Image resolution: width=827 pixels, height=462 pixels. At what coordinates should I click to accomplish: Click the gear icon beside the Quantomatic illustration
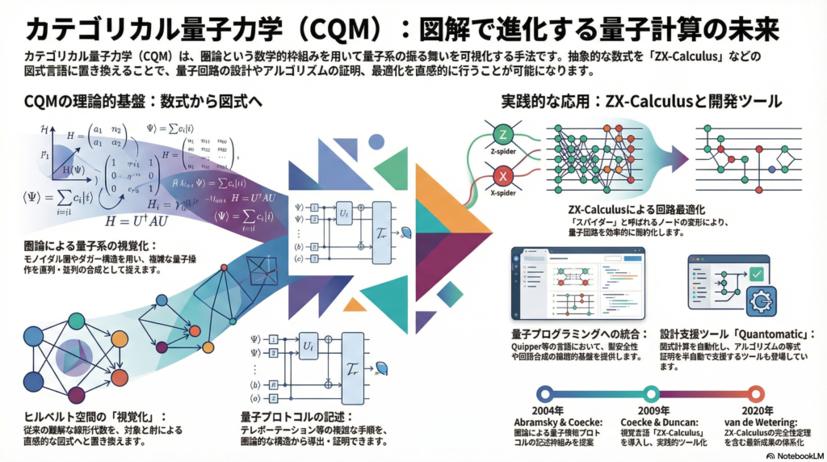759,300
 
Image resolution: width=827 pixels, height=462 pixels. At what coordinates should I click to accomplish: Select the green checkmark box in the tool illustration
758,272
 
